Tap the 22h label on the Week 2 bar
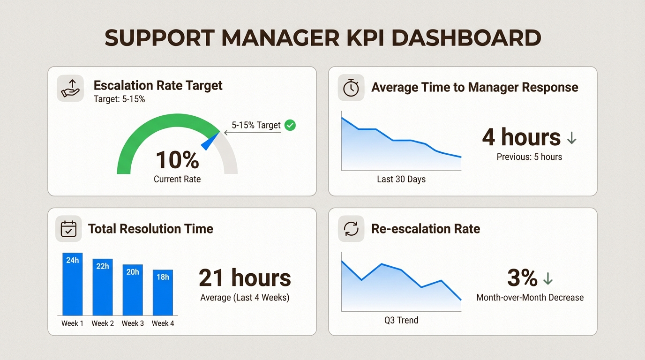point(103,266)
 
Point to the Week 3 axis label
point(133,323)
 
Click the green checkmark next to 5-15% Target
point(290,125)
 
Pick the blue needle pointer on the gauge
point(210,142)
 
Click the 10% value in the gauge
point(177,160)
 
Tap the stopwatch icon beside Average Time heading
point(351,88)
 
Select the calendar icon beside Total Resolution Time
point(69,229)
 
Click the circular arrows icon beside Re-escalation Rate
point(351,229)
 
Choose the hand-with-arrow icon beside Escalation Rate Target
point(70,88)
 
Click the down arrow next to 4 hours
point(571,138)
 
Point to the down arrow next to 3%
point(547,279)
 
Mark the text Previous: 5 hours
point(529,157)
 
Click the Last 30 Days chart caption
point(401,179)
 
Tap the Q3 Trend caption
point(401,321)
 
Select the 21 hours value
point(245,278)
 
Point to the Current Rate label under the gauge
point(177,179)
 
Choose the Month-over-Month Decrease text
point(530,298)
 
